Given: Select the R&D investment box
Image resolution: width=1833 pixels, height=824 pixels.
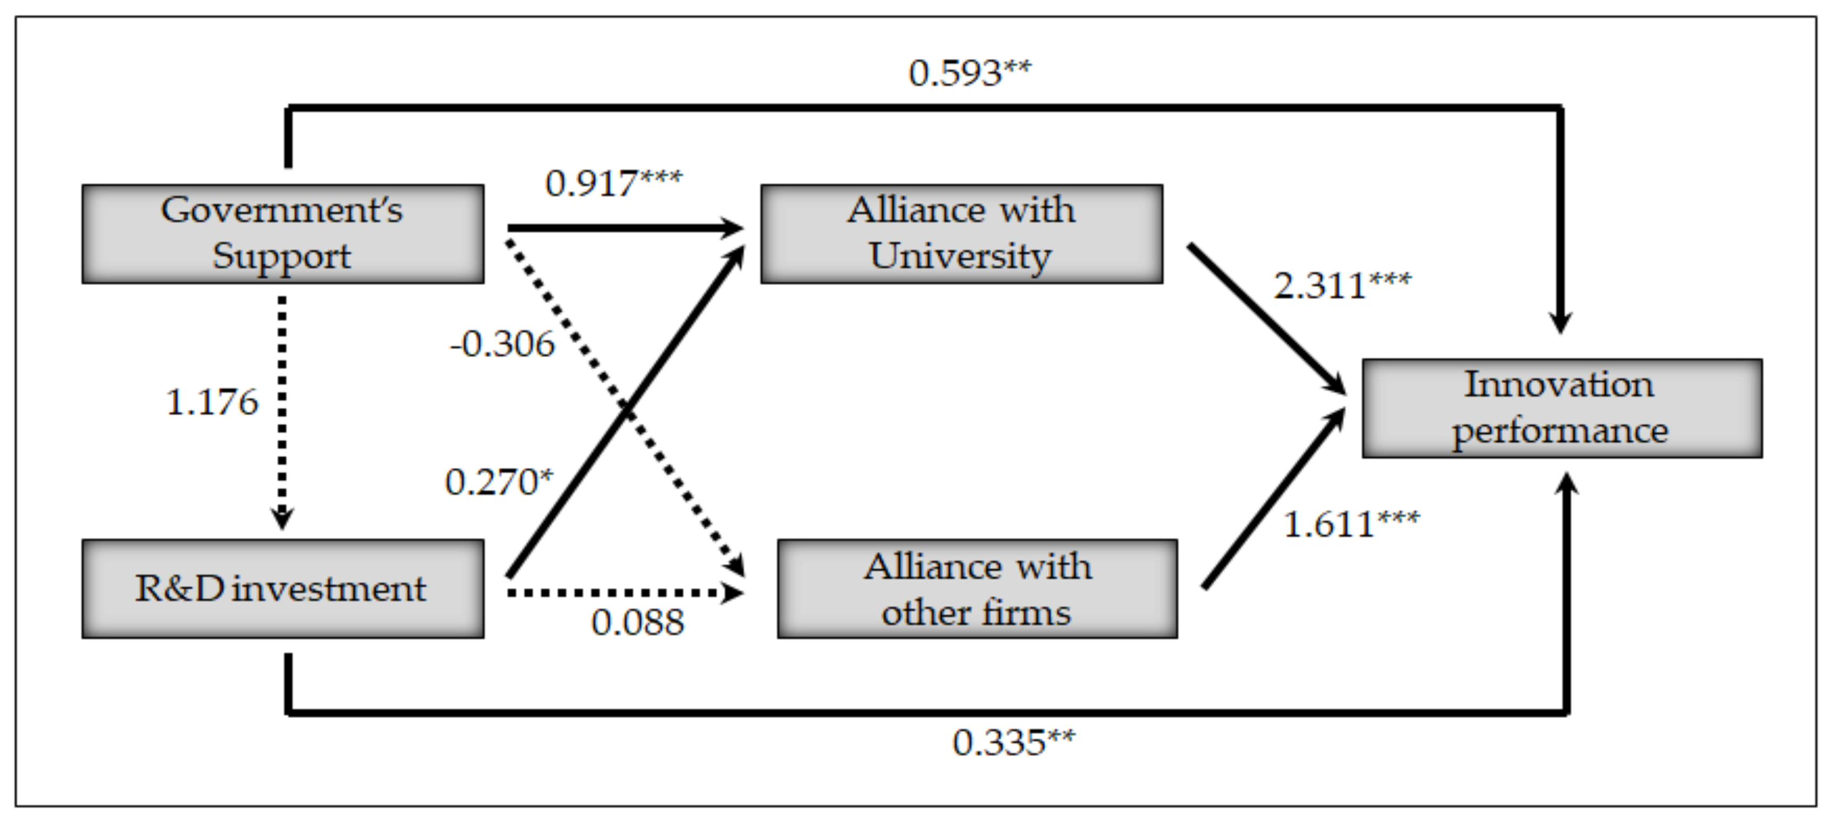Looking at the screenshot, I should coord(283,589).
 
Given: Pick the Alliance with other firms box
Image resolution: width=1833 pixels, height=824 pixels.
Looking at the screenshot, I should coord(977,589).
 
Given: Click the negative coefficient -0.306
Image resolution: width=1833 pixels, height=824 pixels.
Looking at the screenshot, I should coord(502,344).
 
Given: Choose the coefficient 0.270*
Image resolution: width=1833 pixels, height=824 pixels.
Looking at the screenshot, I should coord(498,482).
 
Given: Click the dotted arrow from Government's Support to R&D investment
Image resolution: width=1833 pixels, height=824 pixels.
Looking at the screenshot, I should coord(283,413).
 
